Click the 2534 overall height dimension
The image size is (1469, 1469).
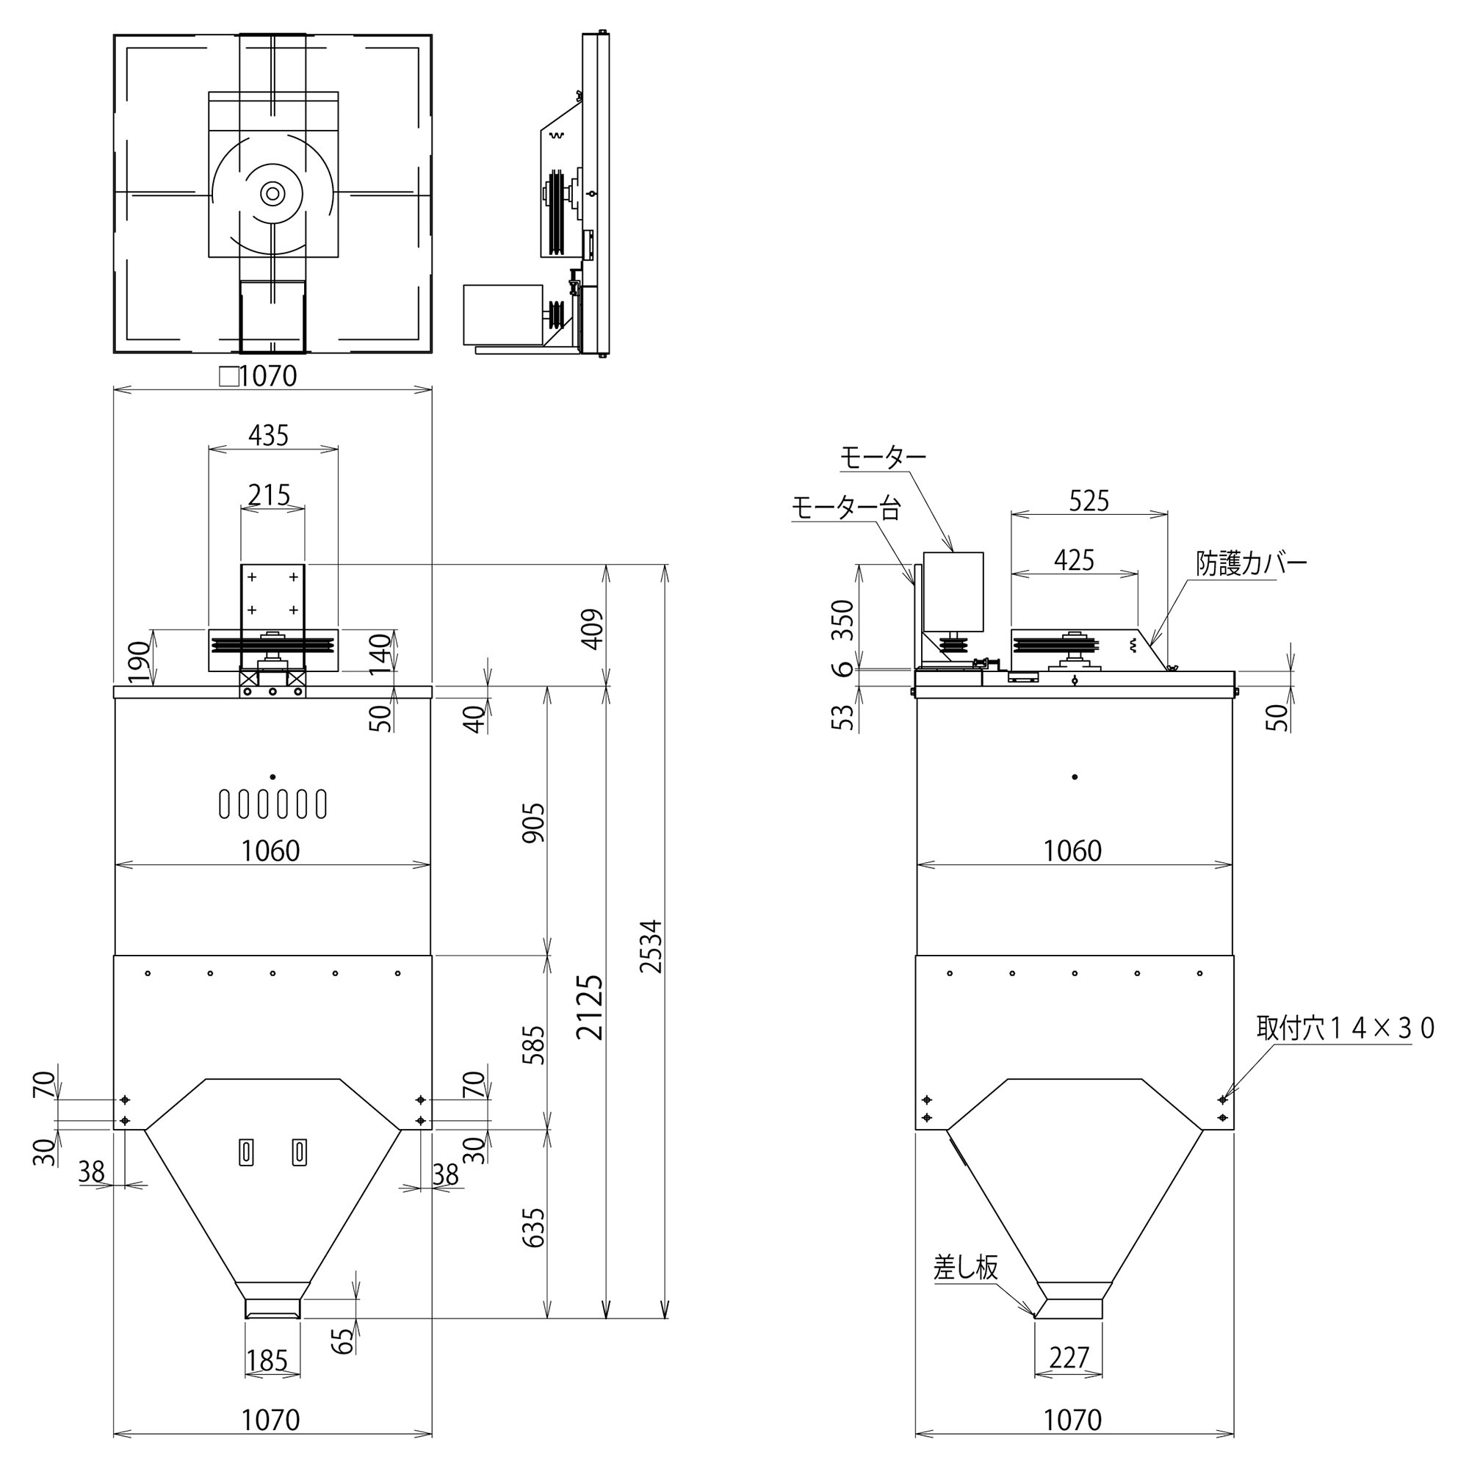pyautogui.click(x=651, y=946)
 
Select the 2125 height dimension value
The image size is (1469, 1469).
pyautogui.click(x=590, y=1007)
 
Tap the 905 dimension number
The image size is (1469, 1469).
pyautogui.click(x=534, y=823)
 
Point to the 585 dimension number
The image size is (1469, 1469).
pyautogui.click(x=534, y=1044)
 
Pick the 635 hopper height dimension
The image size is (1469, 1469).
pyautogui.click(x=534, y=1227)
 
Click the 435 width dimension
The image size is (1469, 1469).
pyautogui.click(x=268, y=436)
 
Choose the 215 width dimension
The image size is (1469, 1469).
pyautogui.click(x=269, y=495)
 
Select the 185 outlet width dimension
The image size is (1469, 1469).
pyautogui.click(x=267, y=1360)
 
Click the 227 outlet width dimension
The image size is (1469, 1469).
pyautogui.click(x=1069, y=1357)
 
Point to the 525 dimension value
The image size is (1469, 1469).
pyautogui.click(x=1089, y=501)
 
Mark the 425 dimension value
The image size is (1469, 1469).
pyautogui.click(x=1074, y=560)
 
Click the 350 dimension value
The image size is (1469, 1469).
pyautogui.click(x=843, y=620)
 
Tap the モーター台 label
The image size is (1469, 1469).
pyautogui.click(x=845, y=508)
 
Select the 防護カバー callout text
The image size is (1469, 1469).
pyautogui.click(x=1252, y=564)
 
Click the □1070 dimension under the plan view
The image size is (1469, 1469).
pyautogui.click(x=259, y=375)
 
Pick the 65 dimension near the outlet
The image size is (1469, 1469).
pyautogui.click(x=344, y=1340)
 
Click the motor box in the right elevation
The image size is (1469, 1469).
pyautogui.click(x=953, y=592)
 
